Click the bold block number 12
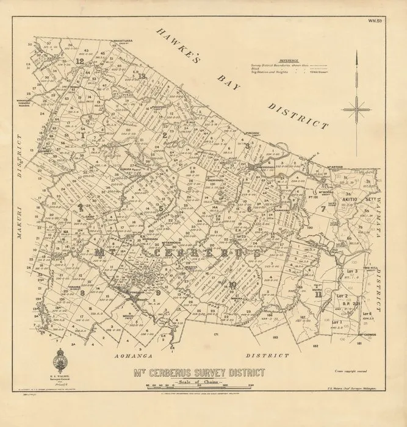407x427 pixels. tap(80, 62)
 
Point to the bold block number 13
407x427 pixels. tap(142, 76)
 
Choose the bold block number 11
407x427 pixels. tap(319, 294)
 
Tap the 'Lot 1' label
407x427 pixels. tap(337, 321)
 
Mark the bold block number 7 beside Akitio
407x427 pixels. tap(323, 209)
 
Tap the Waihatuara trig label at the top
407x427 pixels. tap(121, 41)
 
